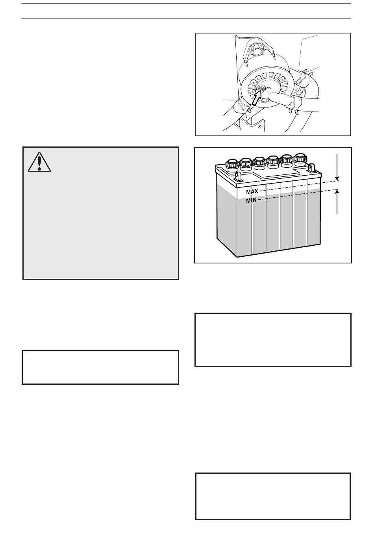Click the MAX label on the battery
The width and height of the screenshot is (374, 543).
pyautogui.click(x=252, y=192)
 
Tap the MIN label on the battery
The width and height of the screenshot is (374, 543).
pyautogui.click(x=251, y=200)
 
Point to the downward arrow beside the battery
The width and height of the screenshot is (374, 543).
pyautogui.click(x=337, y=167)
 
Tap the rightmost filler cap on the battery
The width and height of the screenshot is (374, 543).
pyautogui.click(x=300, y=158)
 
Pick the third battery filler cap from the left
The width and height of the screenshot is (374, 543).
pyautogui.click(x=259, y=161)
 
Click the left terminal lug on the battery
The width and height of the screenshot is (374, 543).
pyautogui.click(x=238, y=175)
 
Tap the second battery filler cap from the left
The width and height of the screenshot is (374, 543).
pyautogui.click(x=246, y=162)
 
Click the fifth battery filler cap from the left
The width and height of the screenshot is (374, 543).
pyautogui.click(x=287, y=159)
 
